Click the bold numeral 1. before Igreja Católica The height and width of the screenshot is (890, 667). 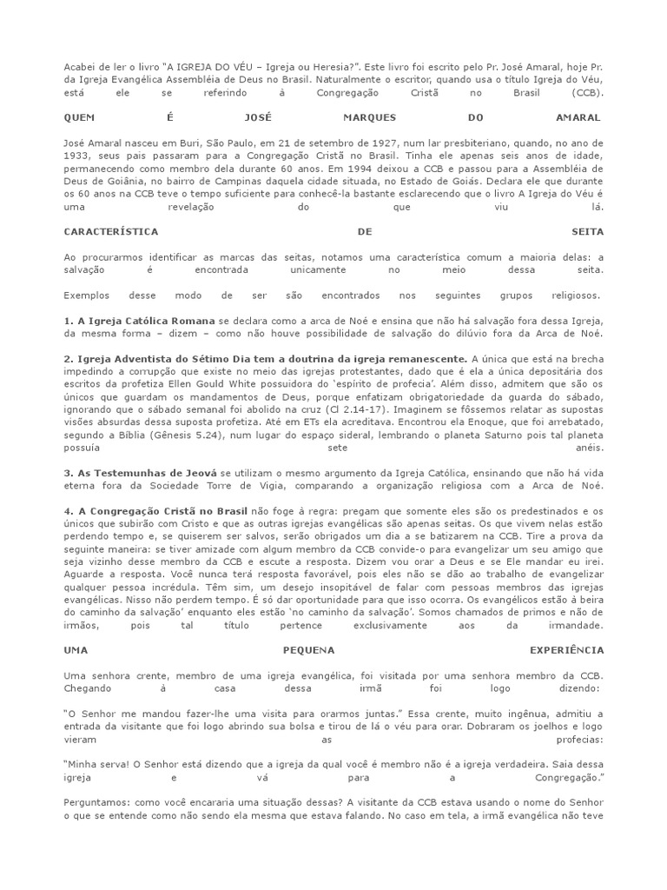click(68, 321)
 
